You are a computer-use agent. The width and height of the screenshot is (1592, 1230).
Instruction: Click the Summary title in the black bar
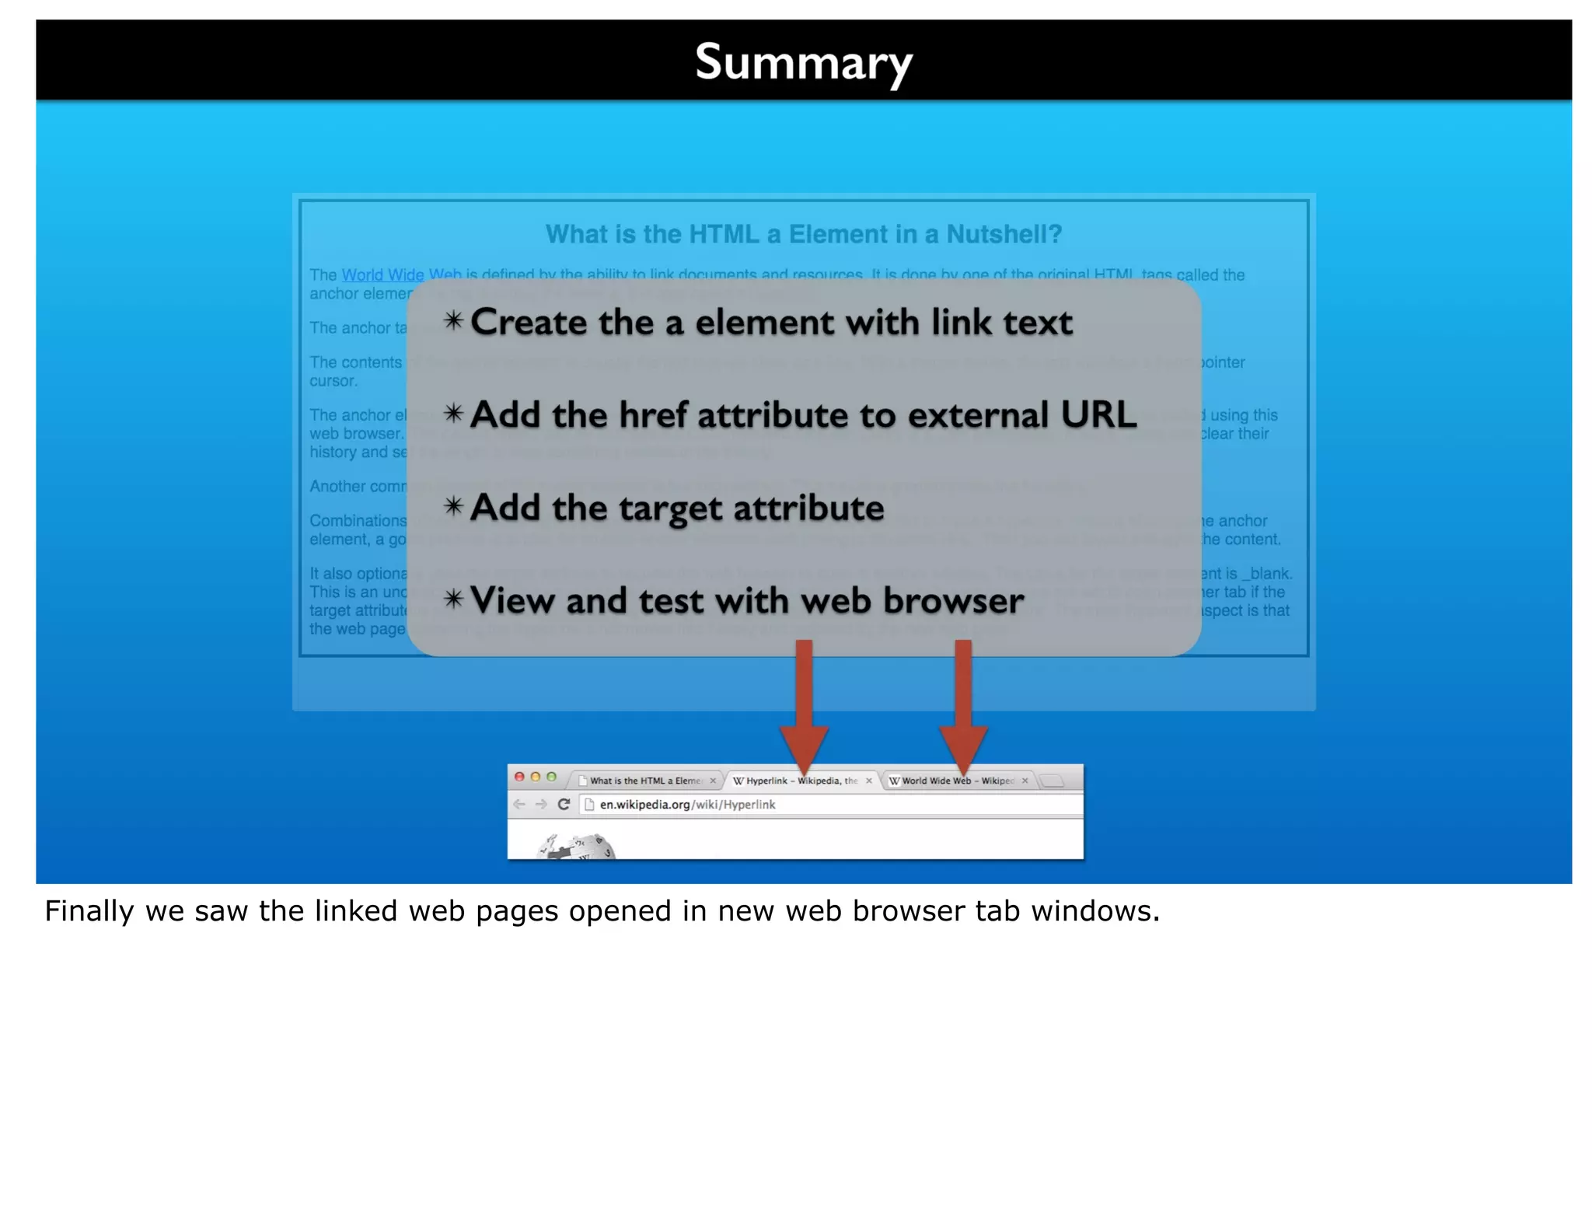pyautogui.click(x=803, y=62)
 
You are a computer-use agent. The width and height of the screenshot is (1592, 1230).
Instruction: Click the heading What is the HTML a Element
pyautogui.click(x=803, y=234)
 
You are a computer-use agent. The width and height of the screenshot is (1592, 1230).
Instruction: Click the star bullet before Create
pyautogui.click(x=454, y=321)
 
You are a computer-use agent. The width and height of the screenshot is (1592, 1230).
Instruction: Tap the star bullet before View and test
pyautogui.click(x=454, y=599)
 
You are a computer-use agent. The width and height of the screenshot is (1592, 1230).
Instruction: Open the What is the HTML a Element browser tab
pyautogui.click(x=644, y=781)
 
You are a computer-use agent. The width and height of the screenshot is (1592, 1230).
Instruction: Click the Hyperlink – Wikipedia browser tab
pyautogui.click(x=801, y=781)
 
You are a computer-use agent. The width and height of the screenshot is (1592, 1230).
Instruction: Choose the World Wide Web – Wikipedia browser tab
pyautogui.click(x=957, y=781)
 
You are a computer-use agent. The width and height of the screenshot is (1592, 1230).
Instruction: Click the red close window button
pyautogui.click(x=519, y=777)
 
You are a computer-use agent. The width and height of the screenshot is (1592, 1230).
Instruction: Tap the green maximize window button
pyautogui.click(x=551, y=777)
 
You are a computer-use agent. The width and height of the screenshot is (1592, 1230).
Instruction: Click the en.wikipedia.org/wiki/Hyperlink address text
pyautogui.click(x=687, y=805)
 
